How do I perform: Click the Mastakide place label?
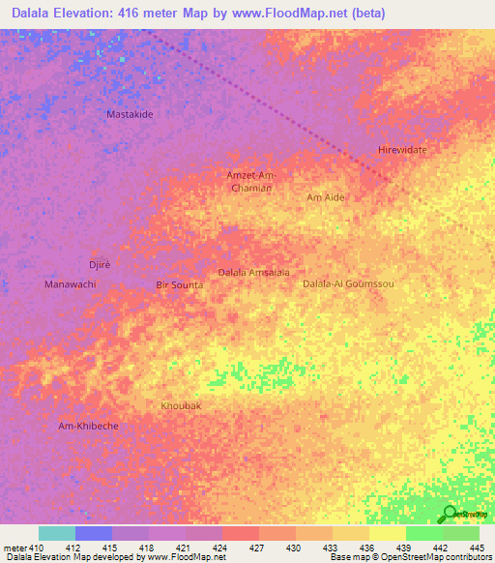130,114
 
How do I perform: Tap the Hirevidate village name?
402,151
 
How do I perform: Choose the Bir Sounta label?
180,285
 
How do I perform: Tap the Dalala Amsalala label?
254,273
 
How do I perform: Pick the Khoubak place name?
181,406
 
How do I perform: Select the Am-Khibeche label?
88,427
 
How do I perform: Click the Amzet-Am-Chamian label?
251,181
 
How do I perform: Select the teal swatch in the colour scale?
57,533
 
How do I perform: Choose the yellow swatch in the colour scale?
388,533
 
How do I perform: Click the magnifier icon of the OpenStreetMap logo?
449,515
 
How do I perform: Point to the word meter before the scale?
16,548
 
